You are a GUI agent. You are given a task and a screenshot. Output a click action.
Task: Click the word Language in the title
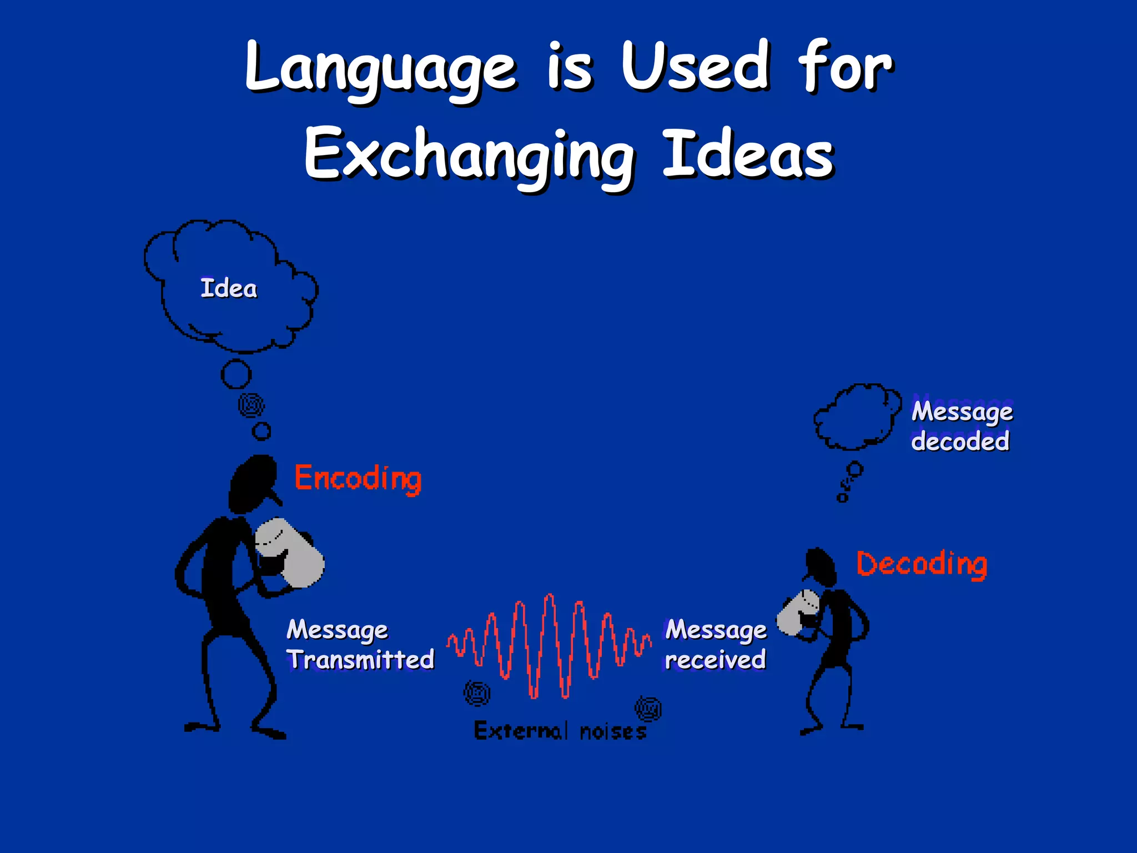[381, 69]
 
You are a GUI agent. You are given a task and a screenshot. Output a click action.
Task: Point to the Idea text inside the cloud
[229, 289]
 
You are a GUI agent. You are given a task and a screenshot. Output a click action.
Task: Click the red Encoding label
[358, 479]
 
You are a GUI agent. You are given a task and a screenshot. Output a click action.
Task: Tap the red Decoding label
[922, 564]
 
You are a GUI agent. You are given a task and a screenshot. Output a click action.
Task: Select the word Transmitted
[361, 660]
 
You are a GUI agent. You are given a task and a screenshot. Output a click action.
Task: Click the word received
[716, 660]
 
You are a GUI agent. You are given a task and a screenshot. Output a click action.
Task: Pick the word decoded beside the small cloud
[960, 441]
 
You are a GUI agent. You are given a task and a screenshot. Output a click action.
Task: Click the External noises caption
[560, 731]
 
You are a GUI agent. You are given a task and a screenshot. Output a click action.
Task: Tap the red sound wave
[549, 644]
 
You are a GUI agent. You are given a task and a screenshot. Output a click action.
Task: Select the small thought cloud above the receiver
[856, 417]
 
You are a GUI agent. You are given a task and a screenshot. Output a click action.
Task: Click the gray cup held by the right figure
[797, 613]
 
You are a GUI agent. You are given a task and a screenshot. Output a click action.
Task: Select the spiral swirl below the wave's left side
[477, 693]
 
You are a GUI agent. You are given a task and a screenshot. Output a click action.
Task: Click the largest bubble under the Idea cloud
[236, 374]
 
